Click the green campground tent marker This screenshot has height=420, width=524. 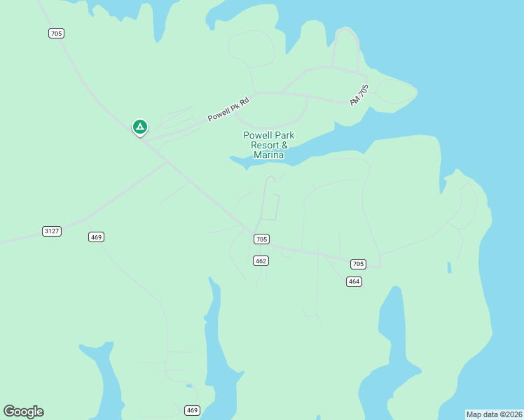[x=140, y=127]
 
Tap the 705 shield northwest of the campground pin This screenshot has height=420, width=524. [x=57, y=33]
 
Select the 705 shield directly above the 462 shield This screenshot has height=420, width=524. [x=261, y=239]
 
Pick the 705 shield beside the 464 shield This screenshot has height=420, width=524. [x=358, y=264]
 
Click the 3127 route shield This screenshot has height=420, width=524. [x=51, y=231]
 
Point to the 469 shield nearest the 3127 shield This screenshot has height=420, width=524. [x=97, y=237]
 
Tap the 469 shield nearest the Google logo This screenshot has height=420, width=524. [x=193, y=409]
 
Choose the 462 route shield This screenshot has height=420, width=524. [x=261, y=260]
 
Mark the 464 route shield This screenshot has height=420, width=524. [x=354, y=281]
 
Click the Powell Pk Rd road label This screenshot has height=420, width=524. [x=228, y=110]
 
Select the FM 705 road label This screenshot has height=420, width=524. [x=359, y=95]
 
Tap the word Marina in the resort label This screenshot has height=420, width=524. [x=268, y=155]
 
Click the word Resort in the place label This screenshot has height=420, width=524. [x=265, y=145]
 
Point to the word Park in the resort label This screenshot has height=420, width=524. [x=284, y=135]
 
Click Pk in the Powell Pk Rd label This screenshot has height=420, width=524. [x=233, y=107]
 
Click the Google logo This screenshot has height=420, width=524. [x=23, y=412]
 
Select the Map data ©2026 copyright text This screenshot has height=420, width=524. [x=494, y=414]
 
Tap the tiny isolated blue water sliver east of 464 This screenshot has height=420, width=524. [x=448, y=267]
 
